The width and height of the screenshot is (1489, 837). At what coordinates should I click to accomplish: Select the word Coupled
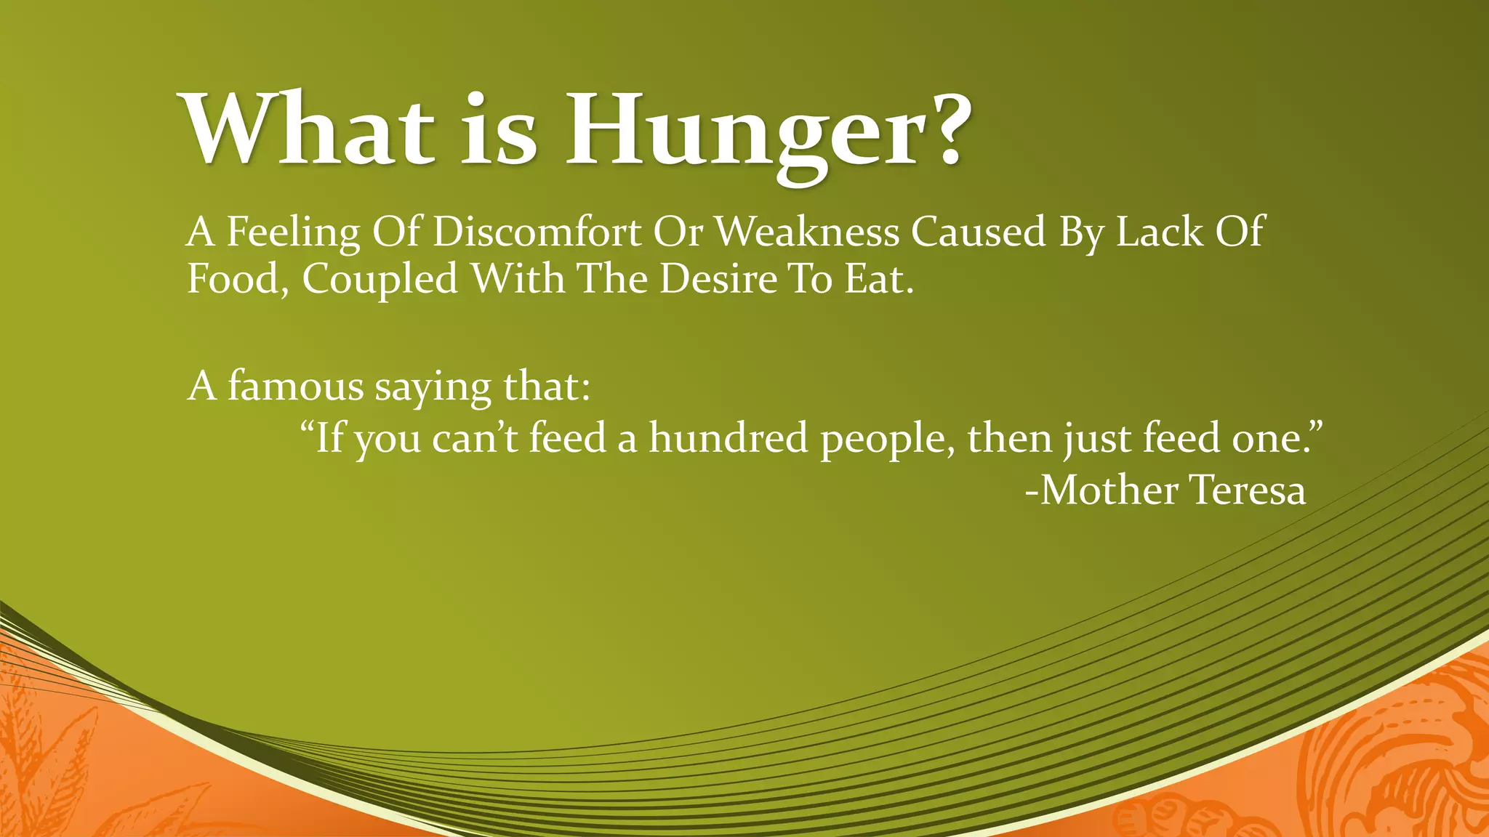click(380, 280)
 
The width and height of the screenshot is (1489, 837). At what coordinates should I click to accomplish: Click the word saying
click(433, 388)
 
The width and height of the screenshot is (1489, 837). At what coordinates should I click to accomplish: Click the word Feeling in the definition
click(294, 233)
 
